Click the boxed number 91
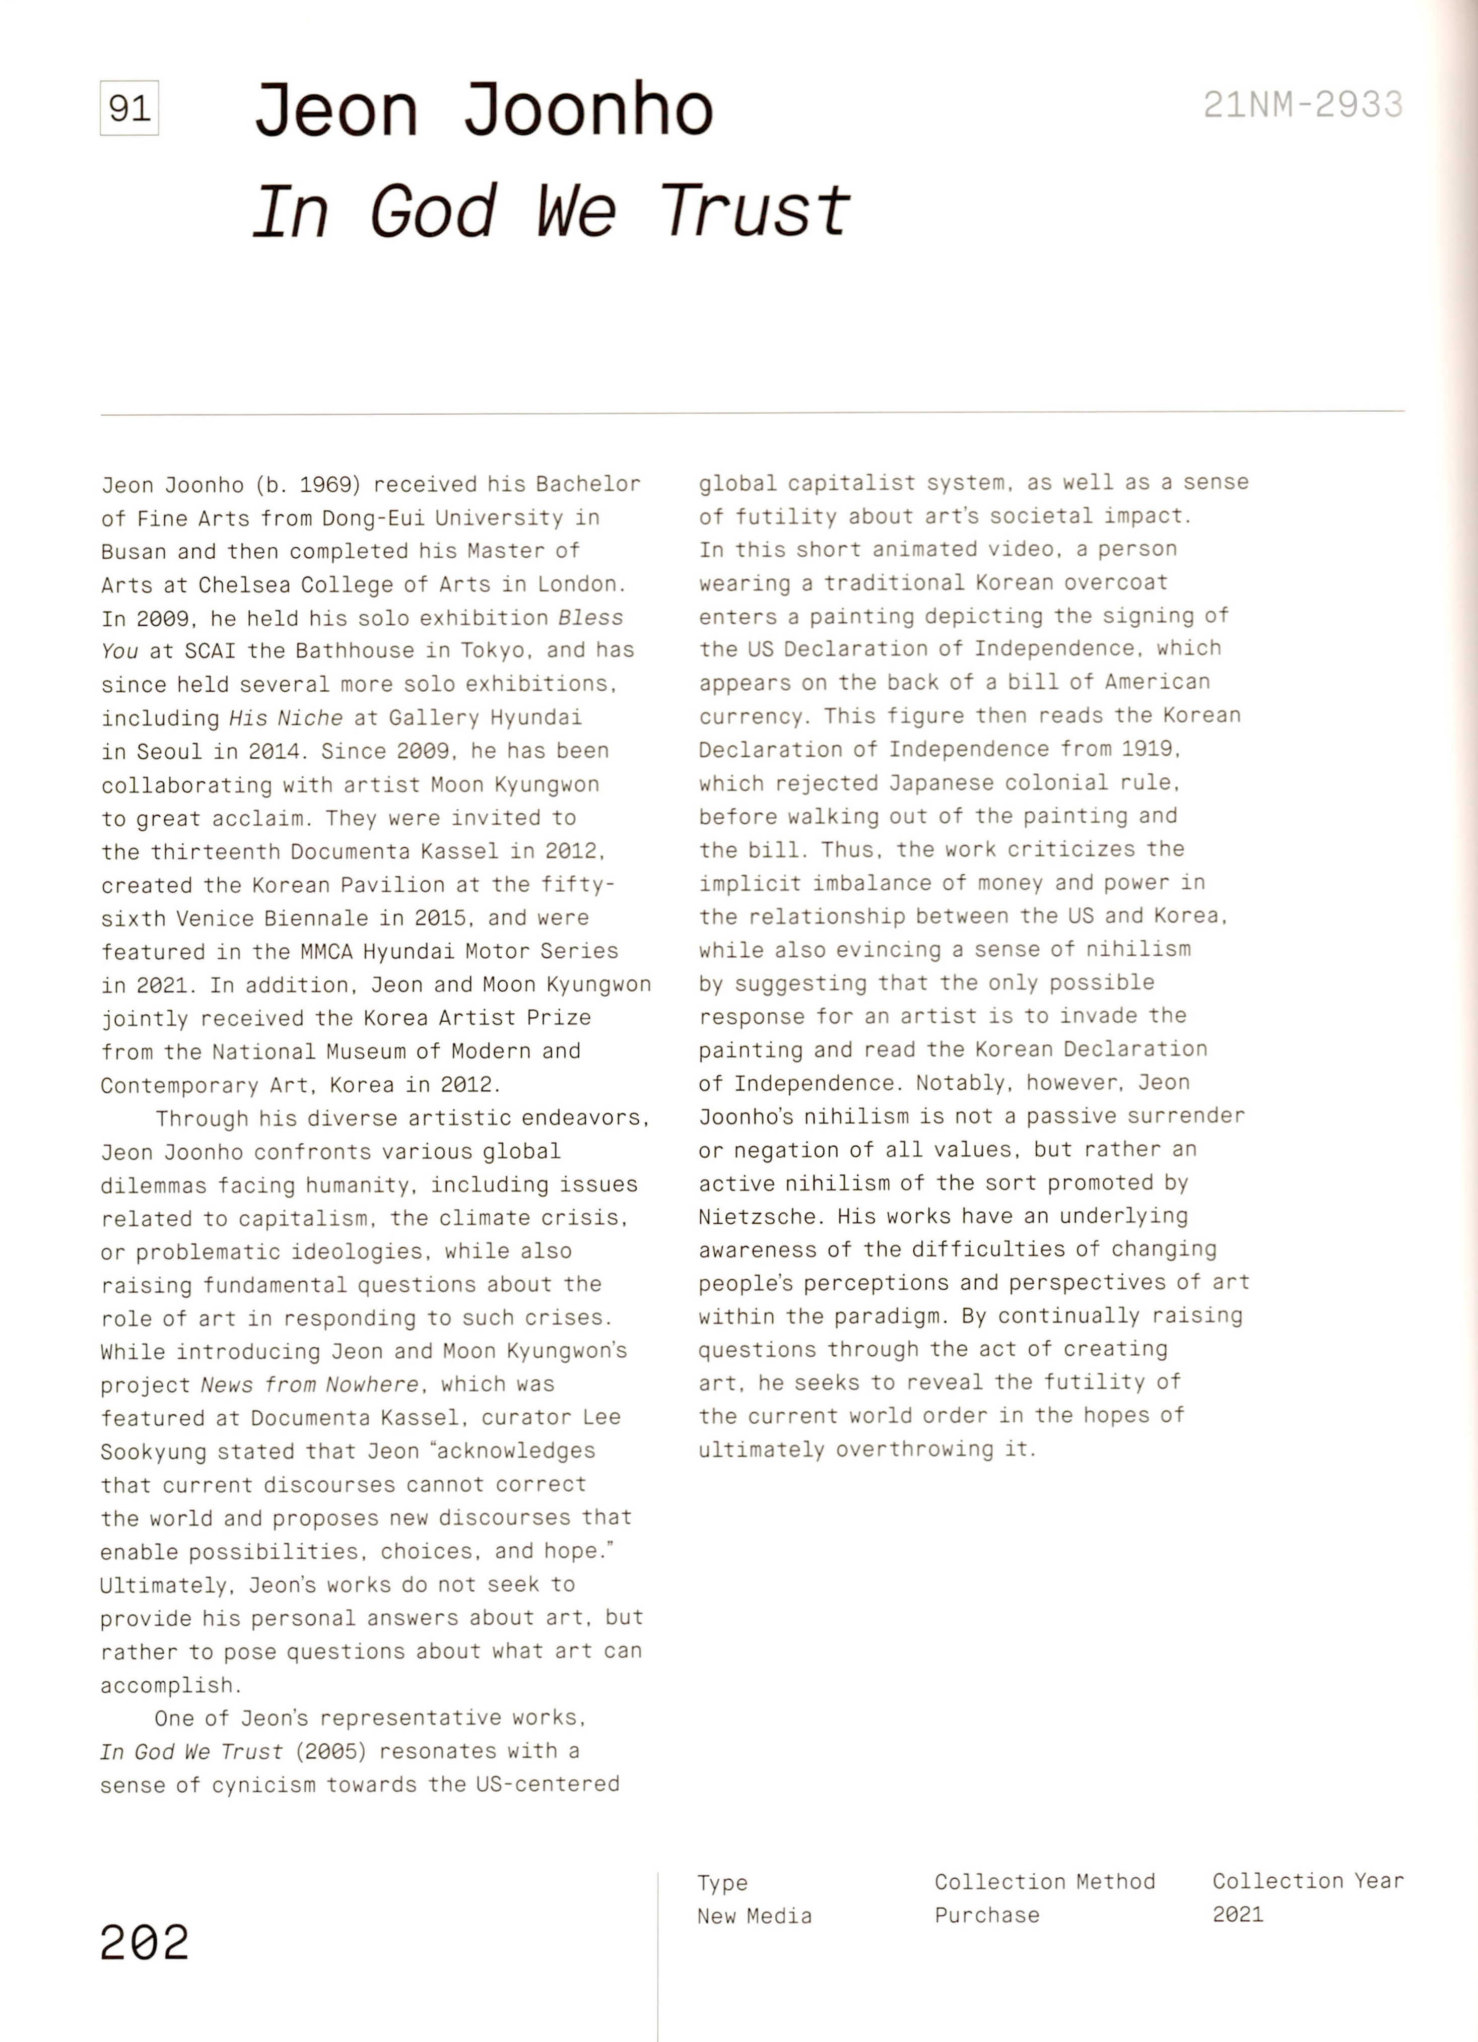(129, 108)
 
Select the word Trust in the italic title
(754, 212)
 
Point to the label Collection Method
(1044, 1882)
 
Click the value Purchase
(986, 1915)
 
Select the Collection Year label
(1307, 1881)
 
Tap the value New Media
(754, 1916)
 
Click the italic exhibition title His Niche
(285, 717)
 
